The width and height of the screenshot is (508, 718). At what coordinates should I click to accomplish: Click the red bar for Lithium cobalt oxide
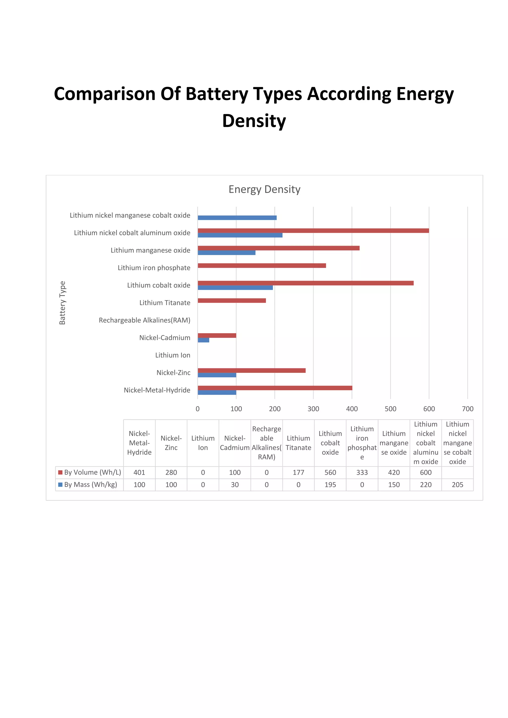click(305, 283)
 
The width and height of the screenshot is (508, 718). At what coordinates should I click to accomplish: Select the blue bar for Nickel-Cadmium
click(203, 340)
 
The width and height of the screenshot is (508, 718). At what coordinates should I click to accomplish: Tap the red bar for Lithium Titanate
click(231, 300)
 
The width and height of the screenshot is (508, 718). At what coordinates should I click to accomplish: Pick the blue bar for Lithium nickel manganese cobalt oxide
click(237, 218)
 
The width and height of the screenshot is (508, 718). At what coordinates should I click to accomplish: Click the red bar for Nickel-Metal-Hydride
click(275, 388)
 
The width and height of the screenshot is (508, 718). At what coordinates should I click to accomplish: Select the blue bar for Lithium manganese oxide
click(226, 253)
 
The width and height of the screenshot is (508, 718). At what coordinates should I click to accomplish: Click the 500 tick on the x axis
click(390, 409)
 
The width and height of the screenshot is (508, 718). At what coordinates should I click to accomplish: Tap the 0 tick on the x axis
click(197, 409)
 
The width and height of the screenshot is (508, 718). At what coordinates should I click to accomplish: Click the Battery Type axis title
click(62, 303)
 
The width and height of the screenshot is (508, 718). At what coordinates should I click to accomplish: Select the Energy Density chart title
click(264, 189)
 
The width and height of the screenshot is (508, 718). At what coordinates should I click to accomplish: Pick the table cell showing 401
click(139, 472)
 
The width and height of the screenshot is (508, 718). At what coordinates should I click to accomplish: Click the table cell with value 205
click(457, 484)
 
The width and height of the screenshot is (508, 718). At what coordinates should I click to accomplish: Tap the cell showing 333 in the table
click(362, 472)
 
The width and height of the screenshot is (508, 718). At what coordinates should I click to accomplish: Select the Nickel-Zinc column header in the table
click(171, 443)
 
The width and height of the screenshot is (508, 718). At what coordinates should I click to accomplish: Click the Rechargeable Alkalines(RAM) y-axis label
click(145, 320)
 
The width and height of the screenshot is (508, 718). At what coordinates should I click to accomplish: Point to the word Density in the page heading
click(254, 121)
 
